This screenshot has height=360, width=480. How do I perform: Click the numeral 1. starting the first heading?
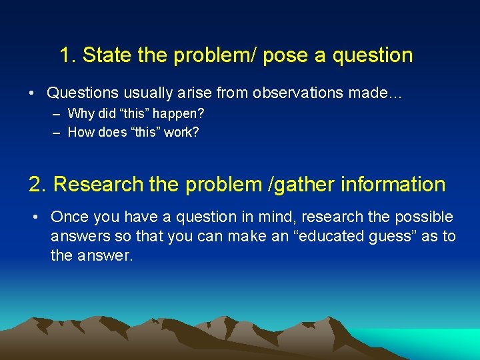click(68, 55)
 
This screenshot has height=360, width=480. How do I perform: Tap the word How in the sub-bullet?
click(81, 132)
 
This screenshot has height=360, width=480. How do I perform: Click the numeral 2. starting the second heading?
click(38, 184)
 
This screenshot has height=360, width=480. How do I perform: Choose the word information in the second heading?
click(393, 184)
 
